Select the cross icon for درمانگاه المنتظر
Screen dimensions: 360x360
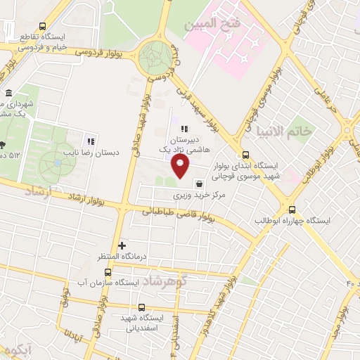pyautogui.click(x=122, y=246)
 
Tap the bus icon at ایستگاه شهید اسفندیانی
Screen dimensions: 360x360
pyautogui.click(x=141, y=307)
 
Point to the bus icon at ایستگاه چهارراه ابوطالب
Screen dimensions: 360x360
pyautogui.click(x=292, y=210)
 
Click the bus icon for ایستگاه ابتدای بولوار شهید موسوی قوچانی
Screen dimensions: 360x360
pyautogui.click(x=245, y=155)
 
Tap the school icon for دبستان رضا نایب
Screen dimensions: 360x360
pyautogui.click(x=91, y=140)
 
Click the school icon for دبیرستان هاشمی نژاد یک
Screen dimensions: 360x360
pyautogui.click(x=184, y=129)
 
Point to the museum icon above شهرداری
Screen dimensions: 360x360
pyautogui.click(x=8, y=94)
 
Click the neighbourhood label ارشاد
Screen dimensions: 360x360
pyautogui.click(x=39, y=191)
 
